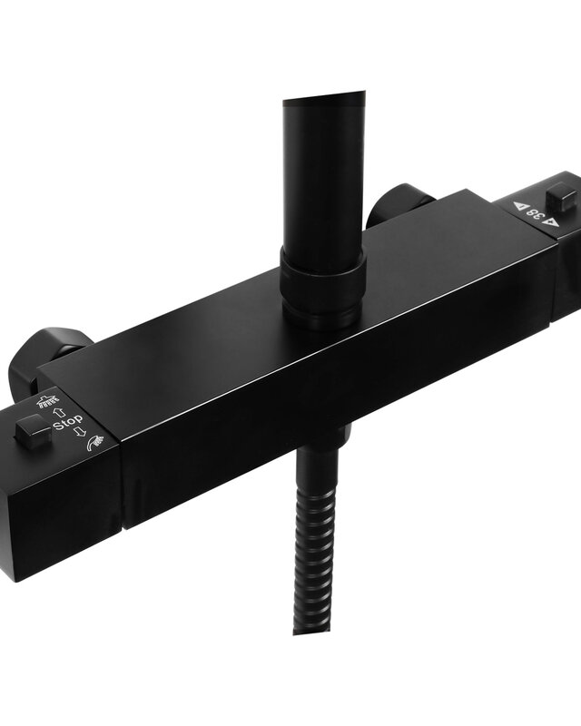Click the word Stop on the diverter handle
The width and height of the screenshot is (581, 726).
coord(68,422)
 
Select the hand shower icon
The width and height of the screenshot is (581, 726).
coord(95,443)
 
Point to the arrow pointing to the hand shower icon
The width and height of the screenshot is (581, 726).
coord(80,433)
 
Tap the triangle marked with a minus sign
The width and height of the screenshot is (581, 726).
coord(519,206)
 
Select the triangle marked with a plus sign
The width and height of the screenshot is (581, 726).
coord(551,222)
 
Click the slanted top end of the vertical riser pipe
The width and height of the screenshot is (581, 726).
coord(323,98)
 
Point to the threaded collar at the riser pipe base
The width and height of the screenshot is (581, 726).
coord(322,288)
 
